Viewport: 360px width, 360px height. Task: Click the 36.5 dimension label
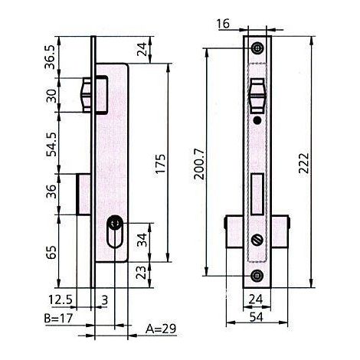click(x=50, y=57)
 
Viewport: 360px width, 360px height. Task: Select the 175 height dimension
click(x=161, y=163)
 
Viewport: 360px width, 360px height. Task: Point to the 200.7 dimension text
click(x=199, y=164)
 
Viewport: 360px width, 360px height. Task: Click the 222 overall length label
click(x=304, y=163)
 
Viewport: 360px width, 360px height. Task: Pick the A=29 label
click(x=161, y=329)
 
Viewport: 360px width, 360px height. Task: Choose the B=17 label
click(x=58, y=319)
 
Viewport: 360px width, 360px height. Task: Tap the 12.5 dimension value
click(x=61, y=299)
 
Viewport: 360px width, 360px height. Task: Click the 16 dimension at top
click(x=223, y=24)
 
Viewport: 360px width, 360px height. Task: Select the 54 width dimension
click(x=256, y=317)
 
